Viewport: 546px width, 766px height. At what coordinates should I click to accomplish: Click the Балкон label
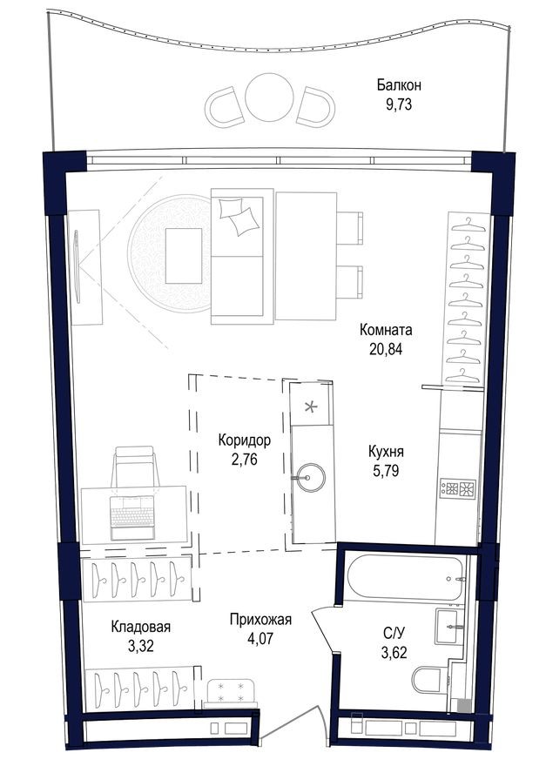point(399,85)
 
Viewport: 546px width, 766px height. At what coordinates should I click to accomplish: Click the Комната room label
point(386,331)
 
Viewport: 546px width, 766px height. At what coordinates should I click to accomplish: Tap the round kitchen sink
point(311,476)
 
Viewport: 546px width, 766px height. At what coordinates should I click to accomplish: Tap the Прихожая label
point(260,620)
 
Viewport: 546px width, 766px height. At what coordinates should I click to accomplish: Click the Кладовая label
point(140,626)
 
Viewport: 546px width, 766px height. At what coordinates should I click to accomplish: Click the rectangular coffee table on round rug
point(183,255)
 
